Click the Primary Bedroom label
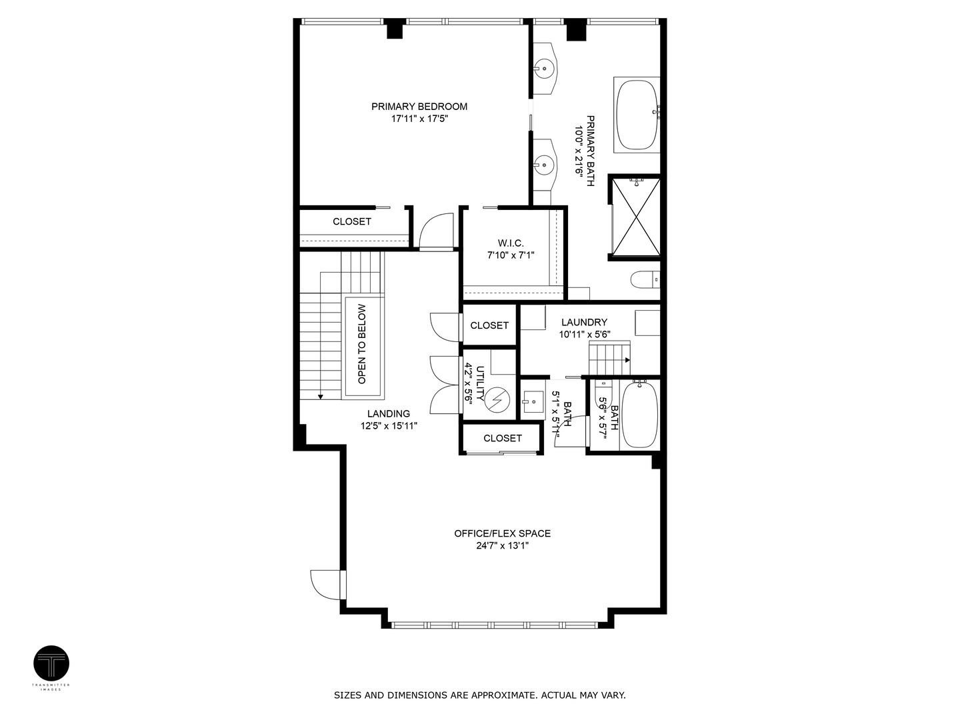[x=419, y=106]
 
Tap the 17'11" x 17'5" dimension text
[x=419, y=119]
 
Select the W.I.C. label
[x=511, y=243]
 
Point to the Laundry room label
[x=584, y=322]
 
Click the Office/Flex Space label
[x=502, y=533]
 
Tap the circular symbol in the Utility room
[x=497, y=400]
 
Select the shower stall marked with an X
[x=636, y=216]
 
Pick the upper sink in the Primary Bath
[x=545, y=67]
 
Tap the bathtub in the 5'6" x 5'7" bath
[x=638, y=415]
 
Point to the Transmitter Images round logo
[x=51, y=663]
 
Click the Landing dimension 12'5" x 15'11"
[x=389, y=426]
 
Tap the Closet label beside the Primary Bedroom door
[x=351, y=221]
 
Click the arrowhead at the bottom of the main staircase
[x=321, y=397]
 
